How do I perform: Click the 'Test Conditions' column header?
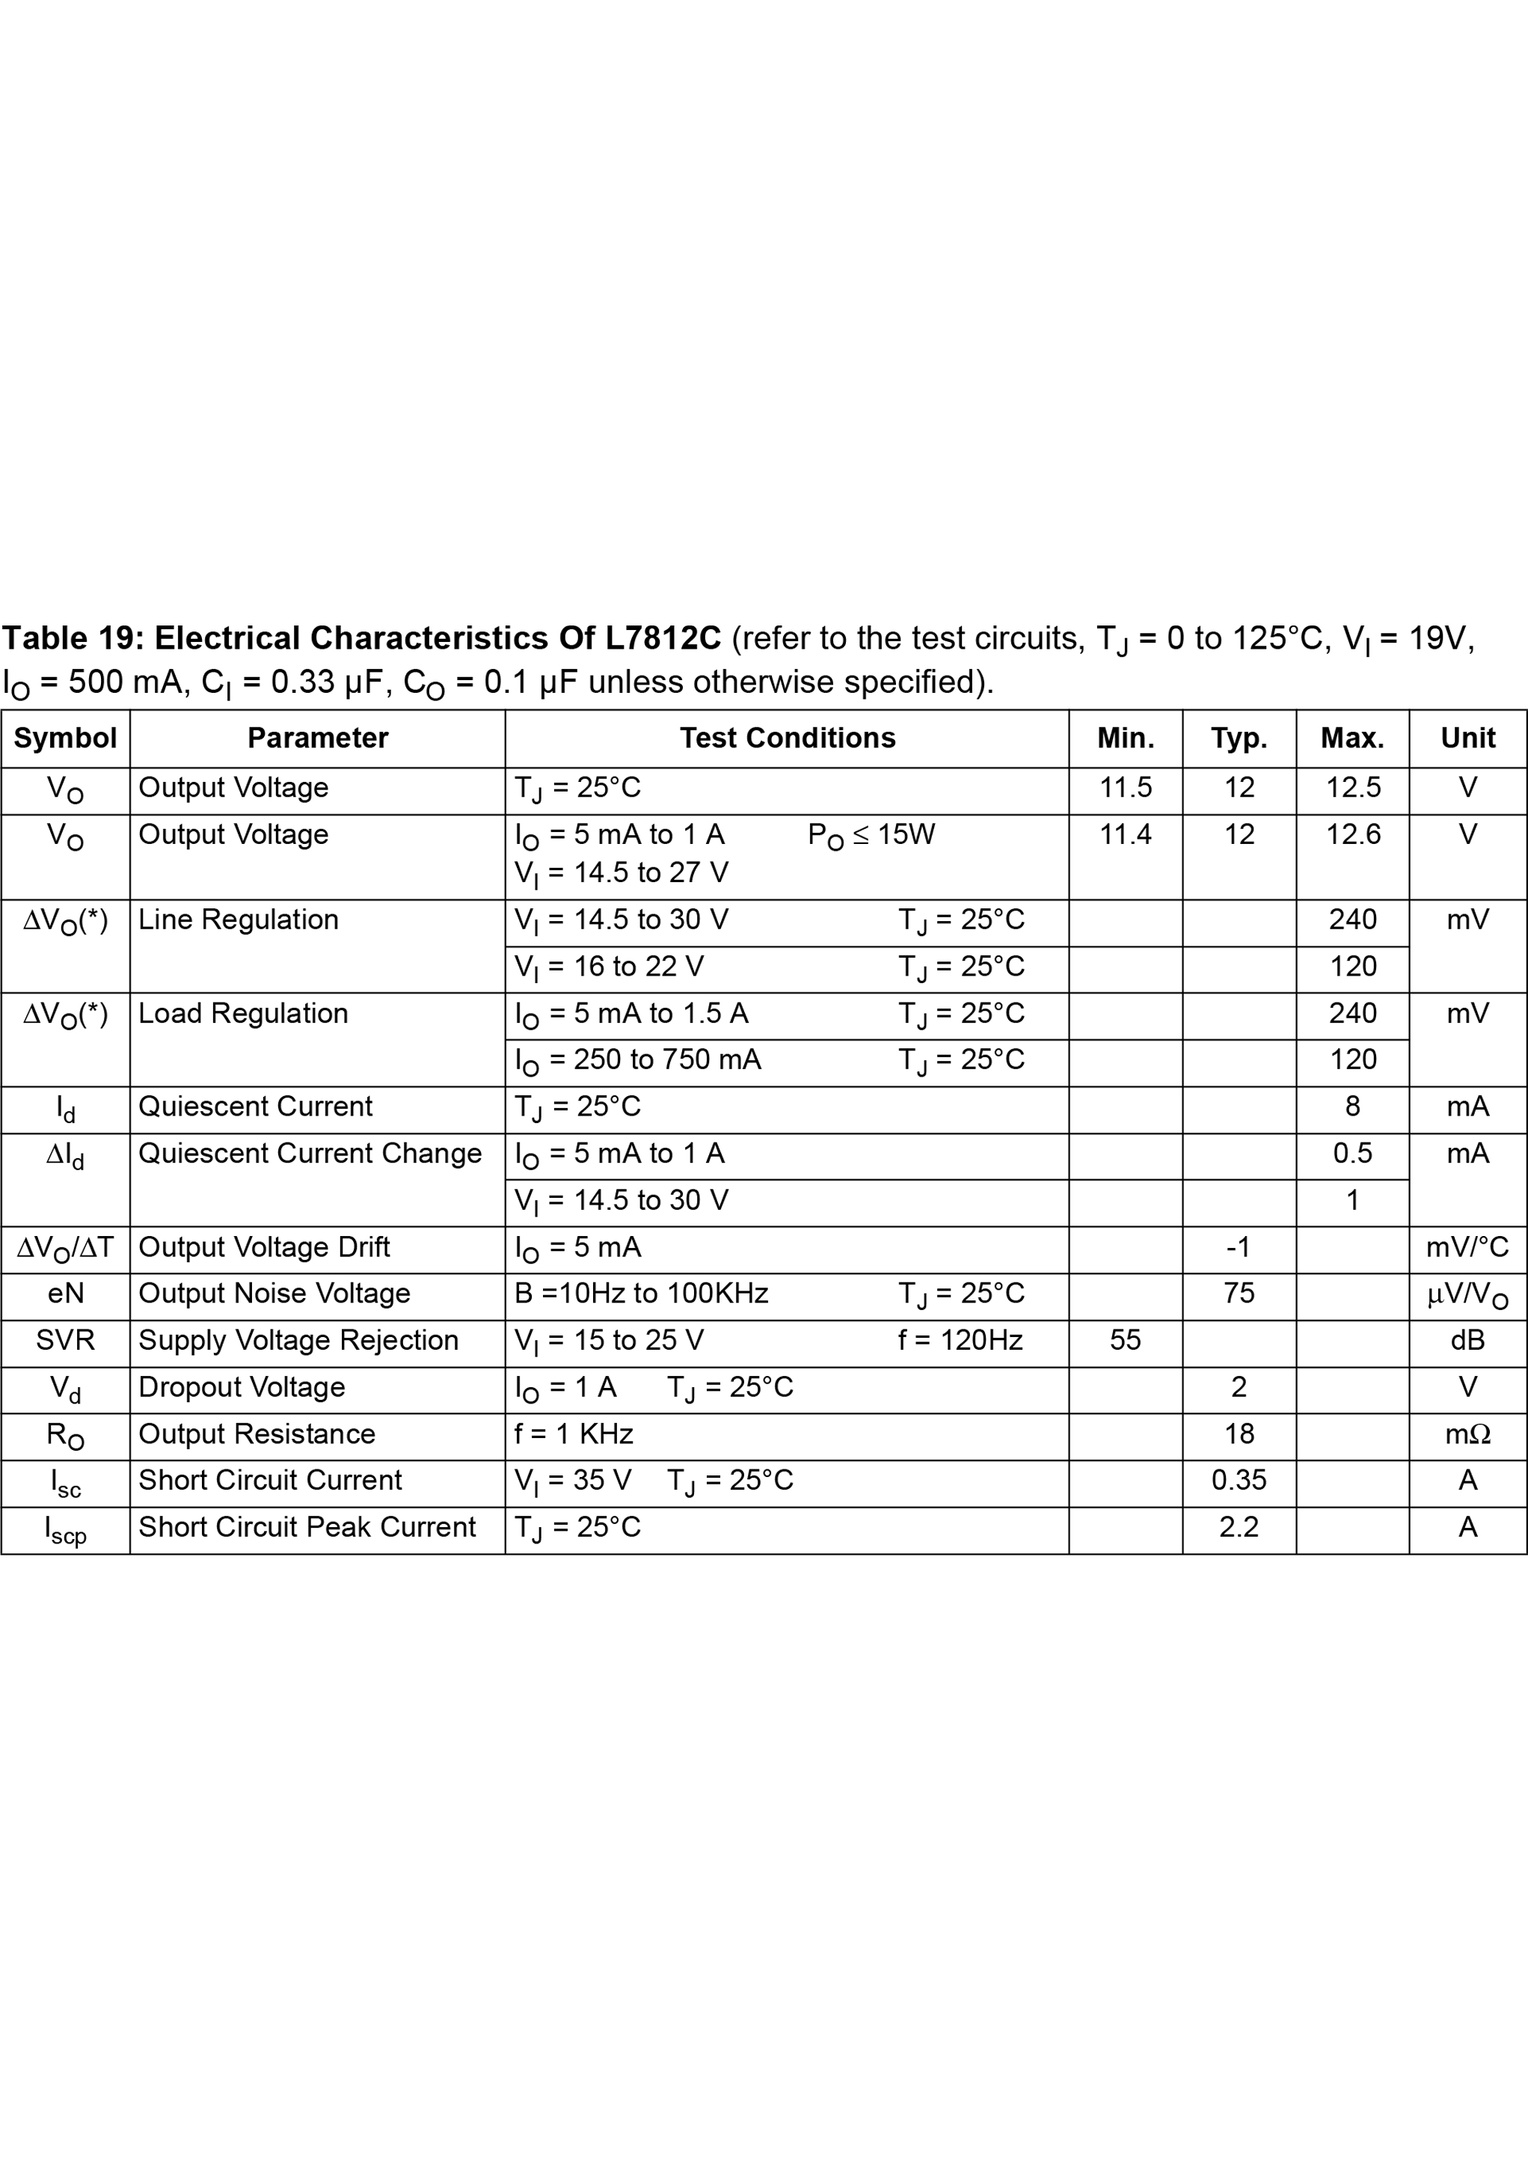[x=788, y=738]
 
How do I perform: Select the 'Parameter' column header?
[x=317, y=738]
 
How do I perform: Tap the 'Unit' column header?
[x=1467, y=738]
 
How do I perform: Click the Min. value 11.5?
[x=1126, y=787]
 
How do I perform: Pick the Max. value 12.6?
[x=1352, y=834]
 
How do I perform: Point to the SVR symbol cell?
[x=66, y=1340]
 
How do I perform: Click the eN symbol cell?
[x=66, y=1293]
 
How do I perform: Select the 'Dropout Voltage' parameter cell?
[x=242, y=1387]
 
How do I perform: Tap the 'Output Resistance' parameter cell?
[x=257, y=1434]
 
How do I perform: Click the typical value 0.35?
[x=1239, y=1480]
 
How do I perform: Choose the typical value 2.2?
[x=1239, y=1526]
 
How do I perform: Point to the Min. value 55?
[x=1126, y=1340]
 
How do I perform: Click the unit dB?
[x=1467, y=1340]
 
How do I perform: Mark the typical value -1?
[x=1239, y=1246]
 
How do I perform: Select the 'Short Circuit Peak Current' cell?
[x=307, y=1526]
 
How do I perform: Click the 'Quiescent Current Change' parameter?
[x=310, y=1153]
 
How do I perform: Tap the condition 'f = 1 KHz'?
[x=574, y=1434]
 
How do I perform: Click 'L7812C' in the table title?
[x=663, y=638]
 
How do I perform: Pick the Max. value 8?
[x=1352, y=1106]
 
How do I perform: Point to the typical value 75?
[x=1239, y=1293]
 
